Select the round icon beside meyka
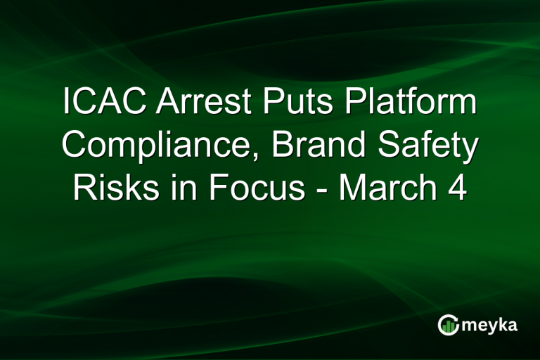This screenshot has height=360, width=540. click(x=448, y=325)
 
